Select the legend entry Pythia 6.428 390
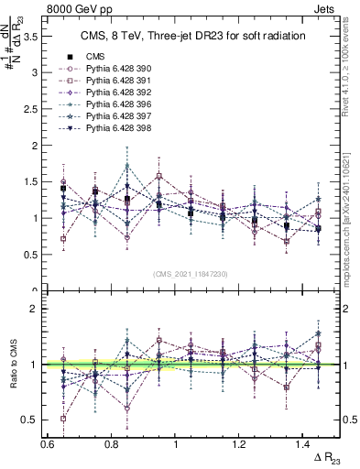(115, 69)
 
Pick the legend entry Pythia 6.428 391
(115, 82)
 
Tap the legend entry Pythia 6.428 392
(115, 93)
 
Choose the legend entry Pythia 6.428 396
(115, 106)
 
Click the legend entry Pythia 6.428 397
(115, 118)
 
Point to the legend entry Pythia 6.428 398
(115, 131)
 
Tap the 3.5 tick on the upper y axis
(38, 37)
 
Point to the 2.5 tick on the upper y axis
(38, 109)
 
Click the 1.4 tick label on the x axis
(291, 444)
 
